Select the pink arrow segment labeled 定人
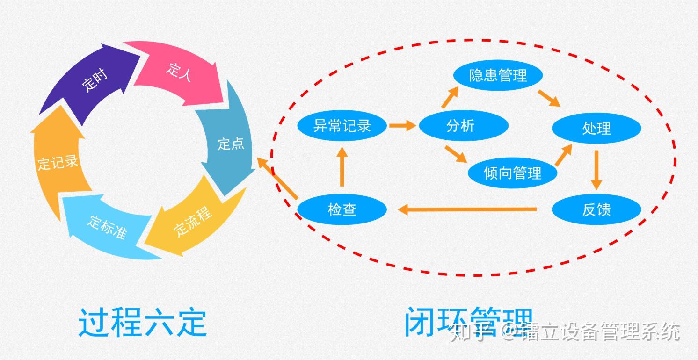[x=180, y=72]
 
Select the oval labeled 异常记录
[x=342, y=125]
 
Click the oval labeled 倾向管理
[x=512, y=173]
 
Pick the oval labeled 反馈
[x=596, y=209]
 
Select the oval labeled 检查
[x=342, y=209]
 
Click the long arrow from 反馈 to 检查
[x=468, y=210]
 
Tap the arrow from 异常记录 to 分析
[x=402, y=125]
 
